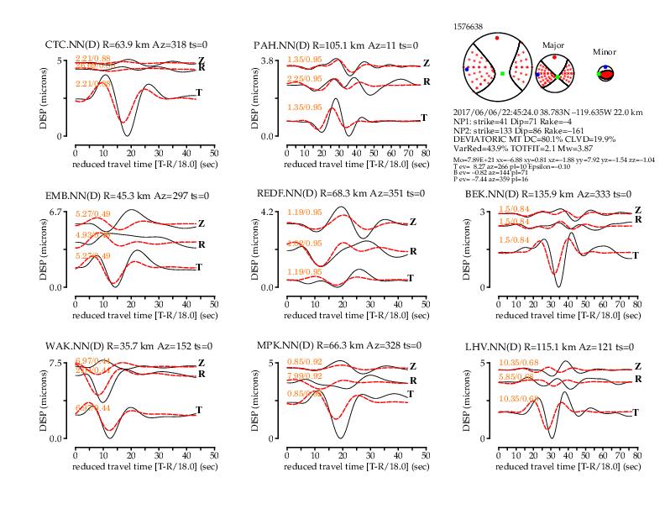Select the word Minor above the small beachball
pyautogui.click(x=605, y=51)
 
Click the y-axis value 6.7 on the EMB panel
pyautogui.click(x=57, y=212)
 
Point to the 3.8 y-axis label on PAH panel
pyautogui.click(x=269, y=61)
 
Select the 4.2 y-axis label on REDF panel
pyautogui.click(x=269, y=212)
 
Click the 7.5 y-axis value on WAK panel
pyautogui.click(x=57, y=363)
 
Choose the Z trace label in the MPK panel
pyautogui.click(x=411, y=366)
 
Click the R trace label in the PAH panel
pyautogui.click(x=426, y=81)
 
